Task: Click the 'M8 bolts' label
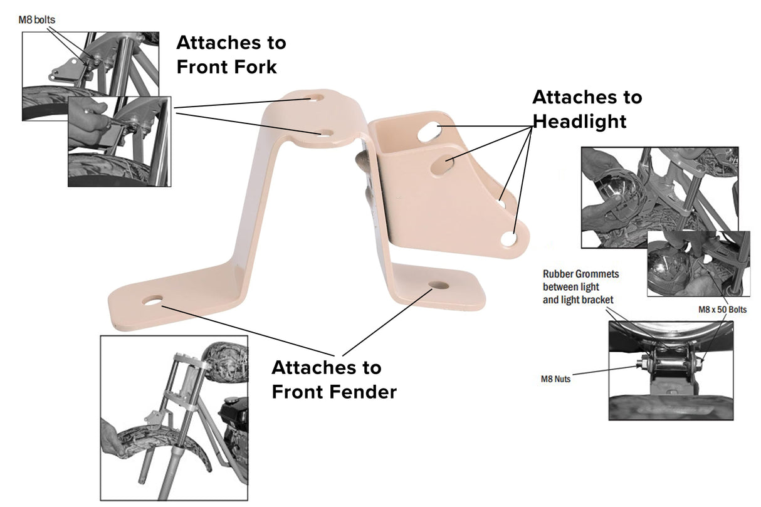coord(36,20)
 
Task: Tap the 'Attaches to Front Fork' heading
coord(231,55)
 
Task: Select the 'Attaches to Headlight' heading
coord(587,109)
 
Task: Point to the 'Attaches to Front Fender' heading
coord(333,379)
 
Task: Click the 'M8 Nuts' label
coord(556,379)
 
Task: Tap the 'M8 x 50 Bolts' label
coord(722,310)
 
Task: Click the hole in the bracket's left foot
coord(151,301)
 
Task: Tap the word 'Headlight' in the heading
coord(579,121)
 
